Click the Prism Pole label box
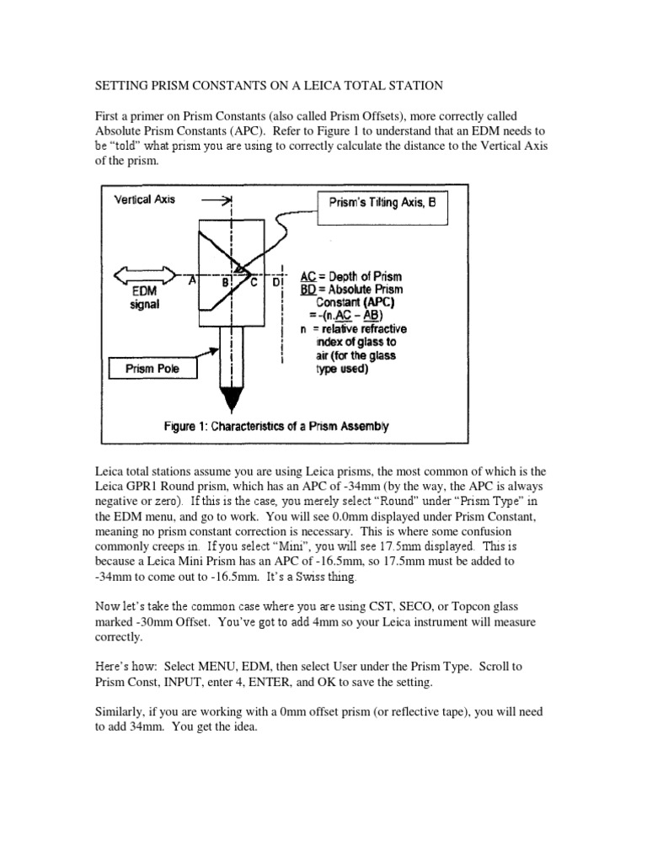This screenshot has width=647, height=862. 152,368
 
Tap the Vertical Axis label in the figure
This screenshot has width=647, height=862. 144,200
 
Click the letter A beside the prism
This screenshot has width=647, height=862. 193,282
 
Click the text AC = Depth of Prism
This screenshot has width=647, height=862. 351,276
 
